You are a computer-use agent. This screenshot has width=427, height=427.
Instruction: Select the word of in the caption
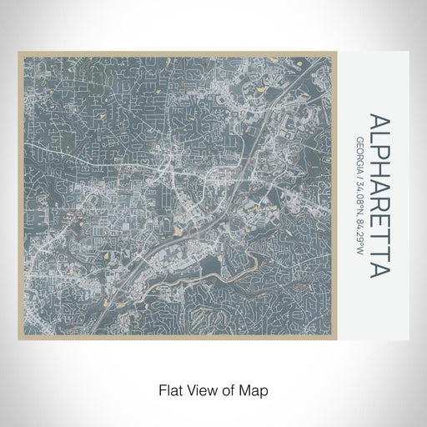tap(224, 389)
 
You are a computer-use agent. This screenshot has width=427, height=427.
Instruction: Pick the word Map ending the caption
tap(251, 389)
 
